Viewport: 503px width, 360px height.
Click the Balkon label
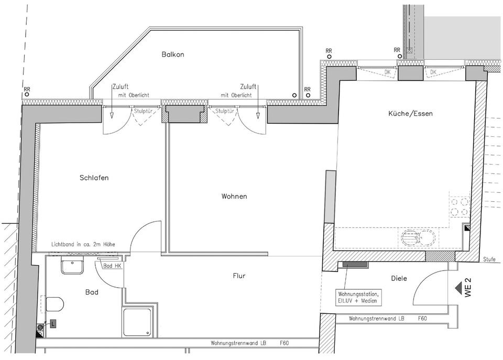pyautogui.click(x=173, y=54)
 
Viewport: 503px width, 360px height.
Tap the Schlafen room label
pyautogui.click(x=94, y=178)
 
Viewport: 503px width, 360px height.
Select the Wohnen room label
pyautogui.click(x=234, y=197)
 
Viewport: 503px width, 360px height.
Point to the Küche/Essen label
pyautogui.click(x=411, y=114)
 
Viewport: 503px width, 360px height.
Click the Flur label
pyautogui.click(x=238, y=276)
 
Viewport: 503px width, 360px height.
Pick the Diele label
pyautogui.click(x=399, y=278)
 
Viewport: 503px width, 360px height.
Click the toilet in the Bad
pyautogui.click(x=54, y=303)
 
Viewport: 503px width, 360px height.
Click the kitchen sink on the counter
pyautogui.click(x=418, y=239)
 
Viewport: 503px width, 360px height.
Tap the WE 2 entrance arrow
pyautogui.click(x=460, y=288)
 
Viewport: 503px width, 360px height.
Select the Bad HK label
pyautogui.click(x=112, y=266)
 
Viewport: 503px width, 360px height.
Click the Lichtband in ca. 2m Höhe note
pyautogui.click(x=83, y=244)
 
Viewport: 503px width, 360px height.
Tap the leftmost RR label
pyautogui.click(x=27, y=90)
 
